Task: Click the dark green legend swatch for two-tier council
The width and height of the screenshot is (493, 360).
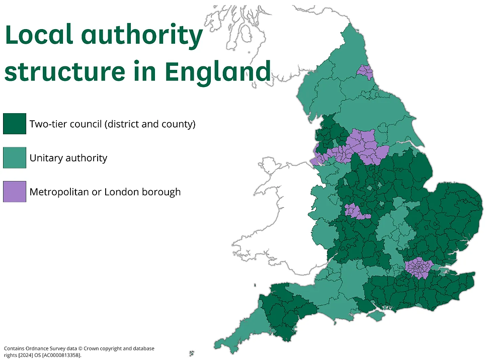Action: (x=14, y=124)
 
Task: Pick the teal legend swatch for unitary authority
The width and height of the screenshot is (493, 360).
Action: (x=14, y=158)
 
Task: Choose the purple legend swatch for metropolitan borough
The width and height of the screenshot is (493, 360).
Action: (x=14, y=192)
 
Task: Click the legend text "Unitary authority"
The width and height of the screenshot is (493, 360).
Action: (x=68, y=158)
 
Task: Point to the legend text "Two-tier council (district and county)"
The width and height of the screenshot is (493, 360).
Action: (x=112, y=124)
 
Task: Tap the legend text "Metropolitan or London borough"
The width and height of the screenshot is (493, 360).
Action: (x=105, y=192)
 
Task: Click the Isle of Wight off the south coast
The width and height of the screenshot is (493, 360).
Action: (x=375, y=315)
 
